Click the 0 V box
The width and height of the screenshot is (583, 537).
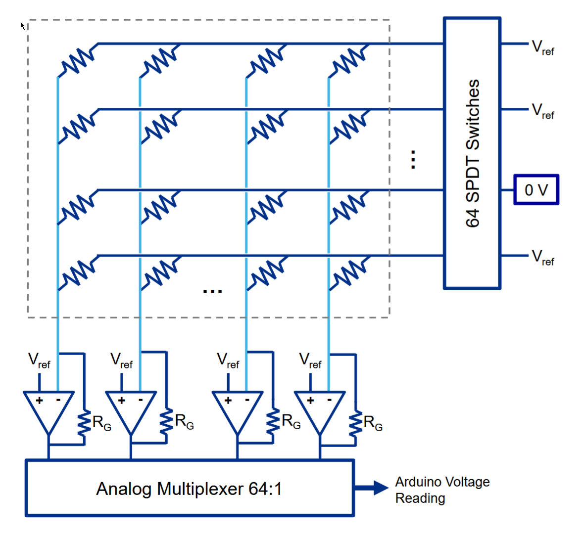[536, 190]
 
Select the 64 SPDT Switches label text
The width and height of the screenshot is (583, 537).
[473, 153]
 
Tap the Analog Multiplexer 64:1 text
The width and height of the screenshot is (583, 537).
[189, 489]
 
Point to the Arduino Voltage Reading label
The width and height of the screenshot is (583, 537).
[442, 490]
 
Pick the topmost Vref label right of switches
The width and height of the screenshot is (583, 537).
[543, 48]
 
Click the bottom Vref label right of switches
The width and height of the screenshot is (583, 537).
[543, 258]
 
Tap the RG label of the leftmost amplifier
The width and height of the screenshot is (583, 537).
[101, 423]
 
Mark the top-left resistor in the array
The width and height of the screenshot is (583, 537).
[78, 61]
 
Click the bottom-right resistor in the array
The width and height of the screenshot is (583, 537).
[349, 272]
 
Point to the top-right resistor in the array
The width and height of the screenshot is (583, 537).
[349, 61]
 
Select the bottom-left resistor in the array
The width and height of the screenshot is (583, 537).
[78, 272]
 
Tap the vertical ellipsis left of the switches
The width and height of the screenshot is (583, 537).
[413, 160]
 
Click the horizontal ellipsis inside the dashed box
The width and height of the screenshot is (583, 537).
[212, 291]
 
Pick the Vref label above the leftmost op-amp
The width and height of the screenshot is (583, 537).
[39, 360]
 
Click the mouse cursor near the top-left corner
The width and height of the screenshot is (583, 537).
[23, 25]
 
